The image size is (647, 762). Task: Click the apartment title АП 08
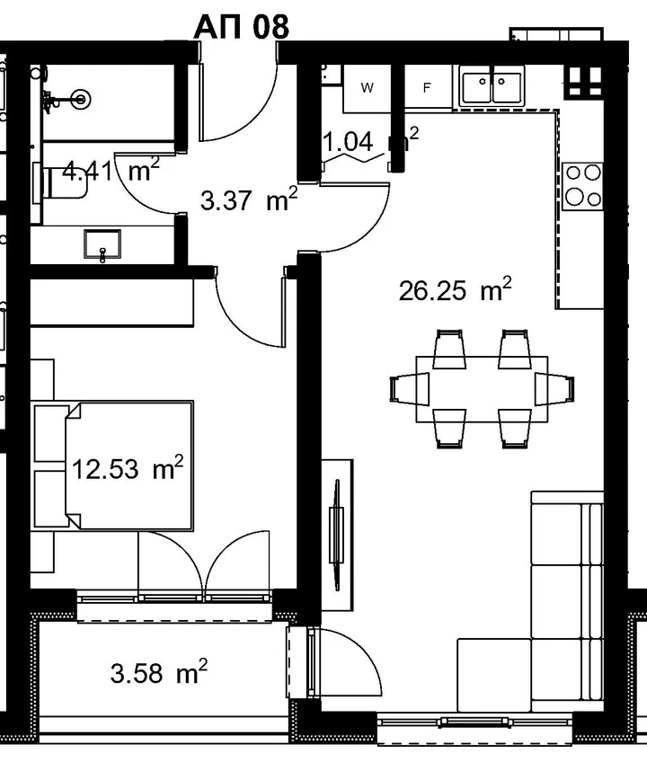tap(241, 26)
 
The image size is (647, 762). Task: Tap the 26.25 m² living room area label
tap(455, 290)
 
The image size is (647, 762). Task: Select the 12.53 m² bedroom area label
tap(128, 468)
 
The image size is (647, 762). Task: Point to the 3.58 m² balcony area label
tap(158, 673)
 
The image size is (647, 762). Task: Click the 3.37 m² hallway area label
tap(248, 199)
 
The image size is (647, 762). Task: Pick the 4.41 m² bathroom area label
tap(111, 170)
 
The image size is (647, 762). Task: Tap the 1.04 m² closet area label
tap(370, 140)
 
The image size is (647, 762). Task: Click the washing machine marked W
tap(367, 88)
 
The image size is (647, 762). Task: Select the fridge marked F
tap(427, 87)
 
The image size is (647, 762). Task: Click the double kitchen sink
tap(492, 87)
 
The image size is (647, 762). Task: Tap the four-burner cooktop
tap(583, 187)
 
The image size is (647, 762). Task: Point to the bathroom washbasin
tap(102, 244)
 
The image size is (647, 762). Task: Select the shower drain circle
tap(81, 99)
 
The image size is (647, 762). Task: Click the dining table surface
tap(482, 389)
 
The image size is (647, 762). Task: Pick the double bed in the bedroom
tap(129, 465)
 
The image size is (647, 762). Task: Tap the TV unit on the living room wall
tap(337, 535)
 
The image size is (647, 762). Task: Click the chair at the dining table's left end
tap(409, 389)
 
